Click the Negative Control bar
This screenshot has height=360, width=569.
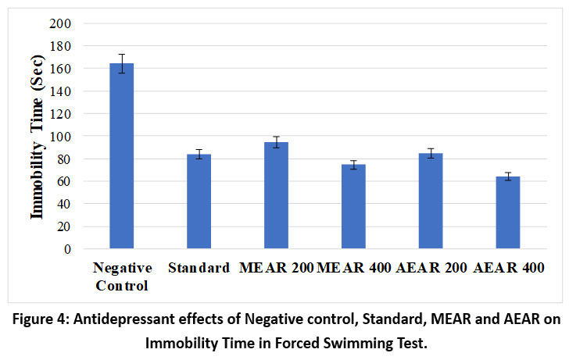tap(122, 156)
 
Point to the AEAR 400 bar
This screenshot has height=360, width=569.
tap(508, 212)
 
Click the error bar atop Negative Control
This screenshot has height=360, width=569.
tap(122, 63)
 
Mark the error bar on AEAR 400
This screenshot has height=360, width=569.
tap(508, 176)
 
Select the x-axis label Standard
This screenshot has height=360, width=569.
tap(199, 268)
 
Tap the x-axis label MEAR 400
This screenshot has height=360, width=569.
tap(353, 268)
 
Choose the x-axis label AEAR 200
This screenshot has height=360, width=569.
tap(431, 268)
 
